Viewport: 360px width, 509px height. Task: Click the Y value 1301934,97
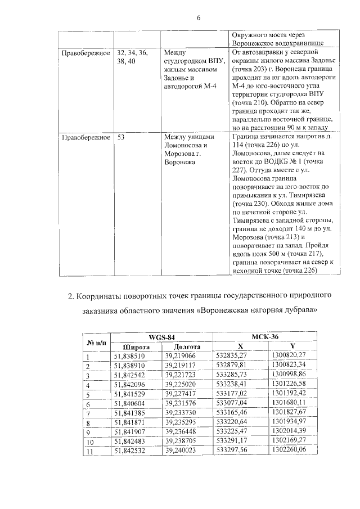pos(289,422)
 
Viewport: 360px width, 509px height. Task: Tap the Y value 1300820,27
pos(289,356)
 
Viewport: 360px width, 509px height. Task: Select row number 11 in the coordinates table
pos(88,451)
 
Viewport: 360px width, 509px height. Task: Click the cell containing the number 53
pos(121,137)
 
